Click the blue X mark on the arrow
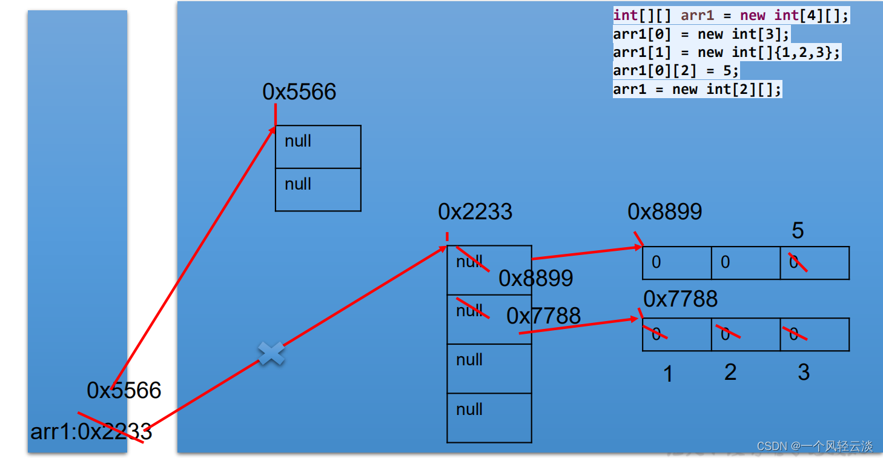pos(271,353)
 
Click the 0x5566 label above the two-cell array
pos(299,92)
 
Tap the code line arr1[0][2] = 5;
pos(676,71)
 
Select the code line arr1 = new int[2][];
pos(697,90)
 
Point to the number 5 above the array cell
pos(798,231)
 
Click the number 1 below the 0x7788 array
pos(668,374)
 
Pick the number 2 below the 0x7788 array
pos(730,372)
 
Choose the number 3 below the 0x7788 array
pos(804,372)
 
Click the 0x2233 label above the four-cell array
pos(475,212)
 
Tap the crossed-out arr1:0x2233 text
pos(91,432)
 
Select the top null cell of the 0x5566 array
pos(318,147)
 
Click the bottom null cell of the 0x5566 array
pos(318,190)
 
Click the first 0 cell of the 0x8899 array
pos(676,263)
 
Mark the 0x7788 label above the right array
pos(680,299)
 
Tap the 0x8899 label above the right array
pos(665,211)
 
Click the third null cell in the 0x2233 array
pos(489,368)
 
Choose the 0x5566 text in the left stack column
pos(124,391)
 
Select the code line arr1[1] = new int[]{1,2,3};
pos(727,53)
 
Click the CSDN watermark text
pos(815,446)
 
